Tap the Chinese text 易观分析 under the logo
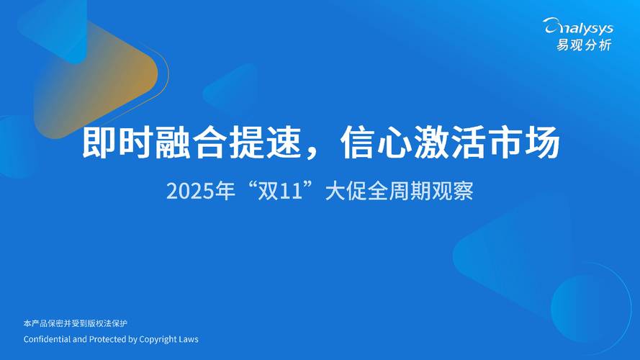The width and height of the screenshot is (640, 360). pos(583,45)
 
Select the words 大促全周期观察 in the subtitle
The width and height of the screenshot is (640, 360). pos(399,192)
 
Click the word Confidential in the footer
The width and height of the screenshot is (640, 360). pos(46,338)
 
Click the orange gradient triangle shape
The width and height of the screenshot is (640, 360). pos(101,76)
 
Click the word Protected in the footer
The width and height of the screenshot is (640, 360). pos(107,338)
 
